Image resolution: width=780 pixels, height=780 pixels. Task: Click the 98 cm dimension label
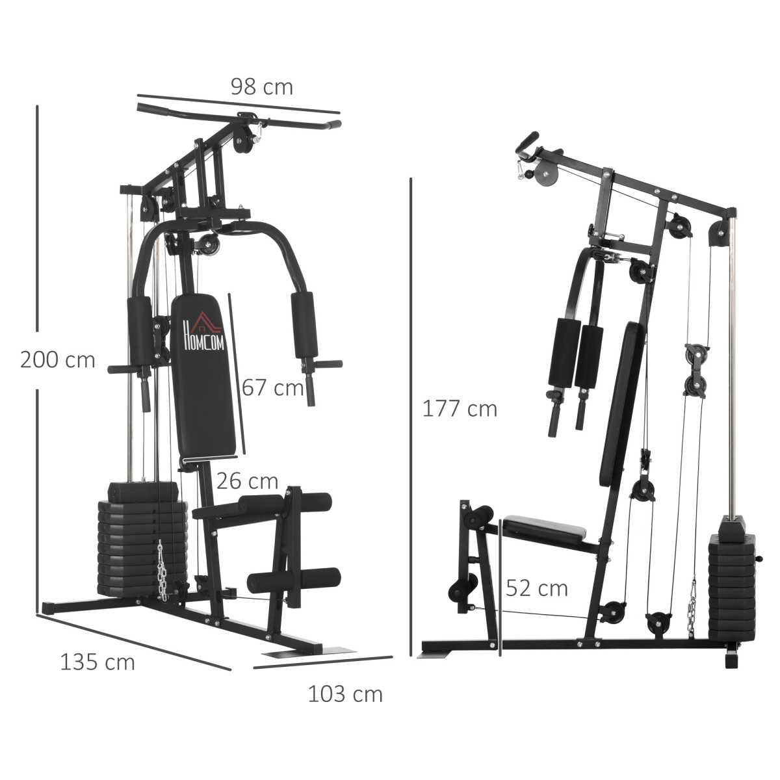click(261, 86)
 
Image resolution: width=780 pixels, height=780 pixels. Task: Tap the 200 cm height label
click(57, 359)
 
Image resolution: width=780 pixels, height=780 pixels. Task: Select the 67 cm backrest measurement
click(273, 387)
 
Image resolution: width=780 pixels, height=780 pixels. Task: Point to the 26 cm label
click(247, 481)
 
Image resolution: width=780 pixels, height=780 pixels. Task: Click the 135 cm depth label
click(97, 662)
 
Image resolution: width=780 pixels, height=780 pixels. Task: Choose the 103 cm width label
click(345, 694)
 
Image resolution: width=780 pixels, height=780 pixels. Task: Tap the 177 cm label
click(460, 409)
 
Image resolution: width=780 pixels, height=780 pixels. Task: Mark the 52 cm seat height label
click(536, 588)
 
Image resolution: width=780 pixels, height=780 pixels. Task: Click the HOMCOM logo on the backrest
click(204, 333)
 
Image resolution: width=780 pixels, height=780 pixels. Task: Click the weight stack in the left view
click(140, 539)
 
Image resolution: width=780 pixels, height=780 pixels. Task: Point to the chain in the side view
click(694, 608)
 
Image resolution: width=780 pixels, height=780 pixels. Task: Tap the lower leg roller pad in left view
click(294, 578)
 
